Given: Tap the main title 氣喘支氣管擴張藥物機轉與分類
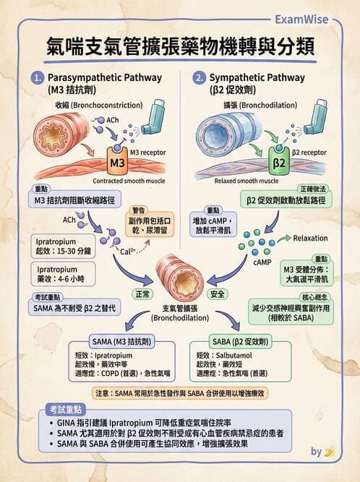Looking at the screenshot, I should click(x=179, y=47).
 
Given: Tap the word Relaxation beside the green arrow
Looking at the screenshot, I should click(x=311, y=237).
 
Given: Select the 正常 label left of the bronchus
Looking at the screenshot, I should click(x=142, y=295).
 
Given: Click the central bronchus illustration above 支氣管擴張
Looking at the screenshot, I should click(x=180, y=278).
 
